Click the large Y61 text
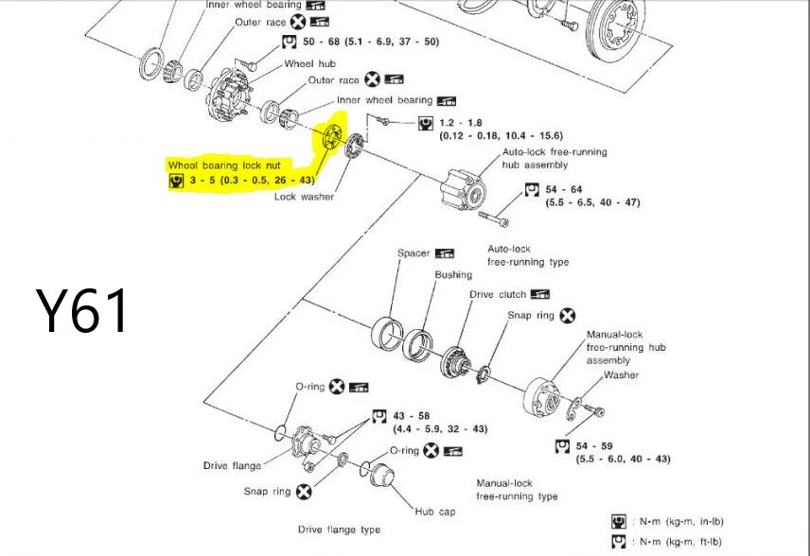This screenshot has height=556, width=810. point(81,312)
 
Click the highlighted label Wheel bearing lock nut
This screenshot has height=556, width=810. point(224,165)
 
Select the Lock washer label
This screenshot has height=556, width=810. point(304,197)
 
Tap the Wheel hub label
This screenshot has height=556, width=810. point(310,64)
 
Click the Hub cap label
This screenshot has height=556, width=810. point(435,512)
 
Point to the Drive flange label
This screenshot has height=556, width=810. point(232,465)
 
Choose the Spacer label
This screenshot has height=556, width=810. point(414,253)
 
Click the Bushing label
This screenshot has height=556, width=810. point(453,275)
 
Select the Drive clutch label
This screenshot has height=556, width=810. point(498,295)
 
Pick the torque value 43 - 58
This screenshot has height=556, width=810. point(411,416)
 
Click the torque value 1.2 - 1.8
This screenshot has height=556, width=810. point(461,124)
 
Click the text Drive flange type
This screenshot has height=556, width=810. point(339,530)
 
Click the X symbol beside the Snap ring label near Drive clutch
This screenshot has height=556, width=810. point(568,316)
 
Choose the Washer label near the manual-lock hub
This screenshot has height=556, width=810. point(621,375)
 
